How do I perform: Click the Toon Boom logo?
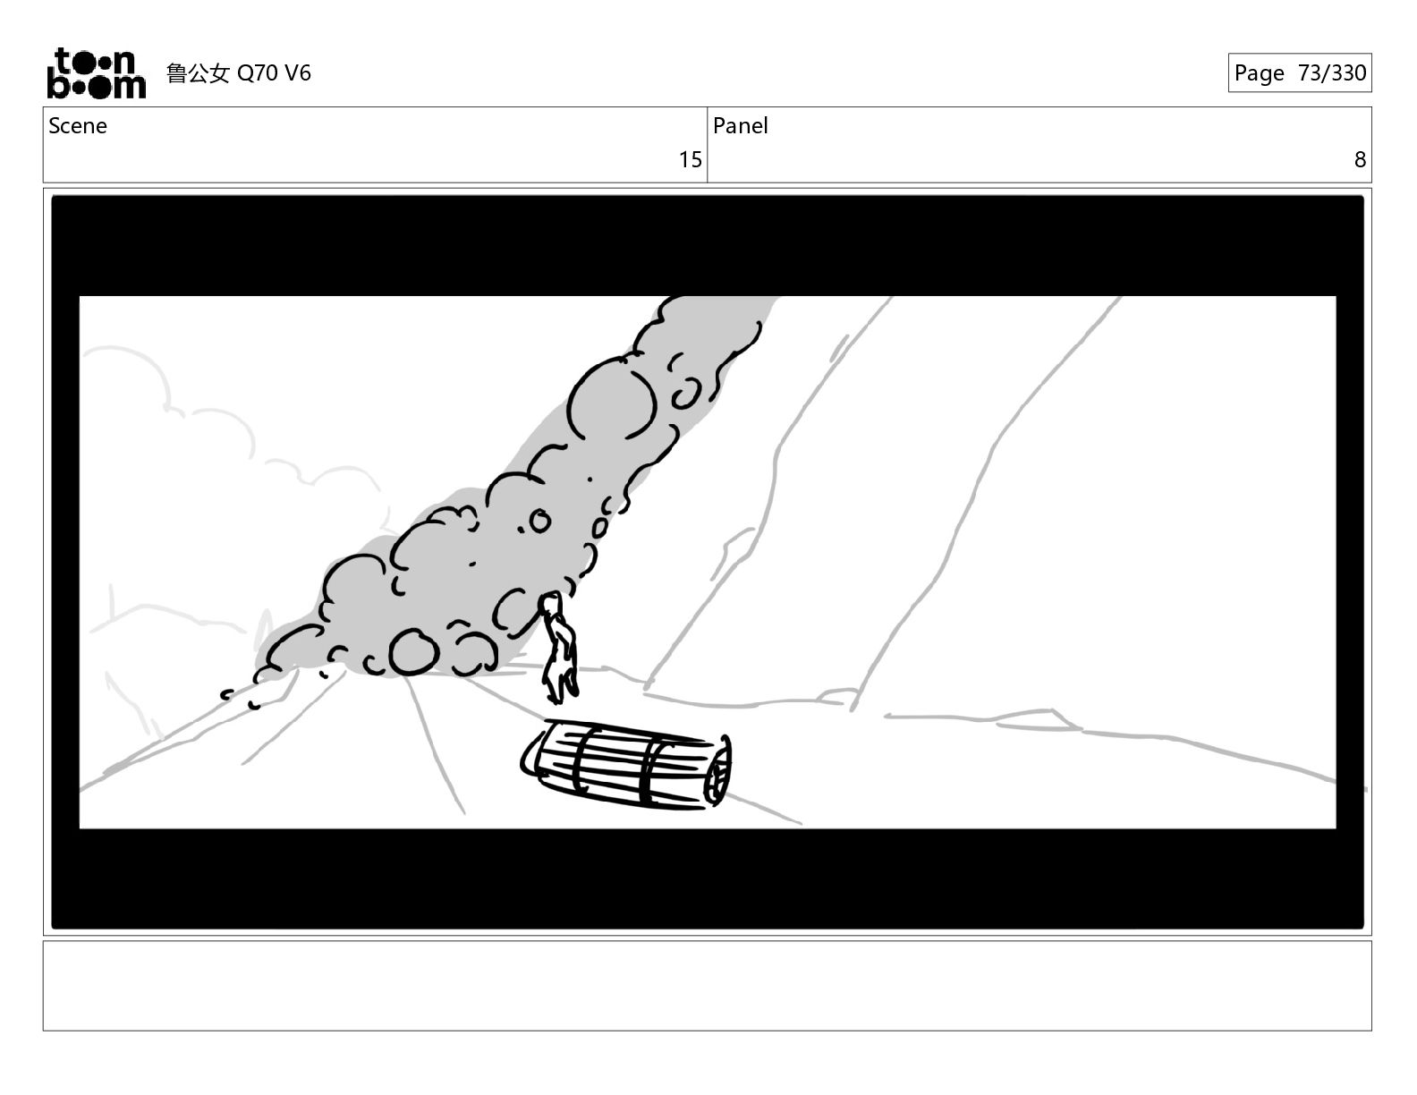97,73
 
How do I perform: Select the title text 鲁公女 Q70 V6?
239,73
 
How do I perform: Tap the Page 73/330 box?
1300,73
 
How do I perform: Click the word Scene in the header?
78,126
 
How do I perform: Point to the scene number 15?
690,160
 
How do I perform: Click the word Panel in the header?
740,126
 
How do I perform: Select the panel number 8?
1360,160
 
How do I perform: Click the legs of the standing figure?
559,682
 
